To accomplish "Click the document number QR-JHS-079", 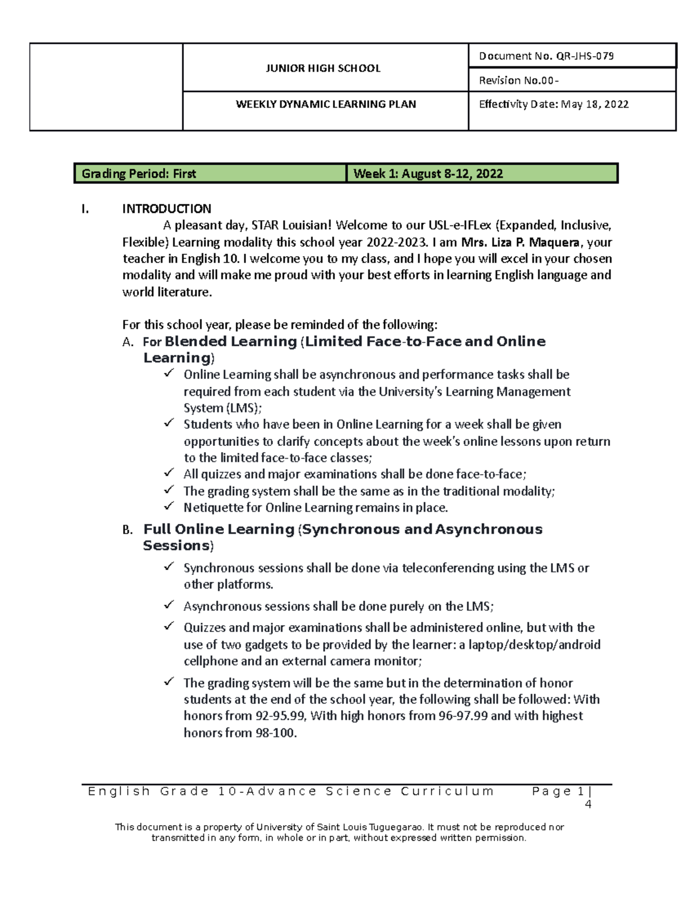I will (585, 56).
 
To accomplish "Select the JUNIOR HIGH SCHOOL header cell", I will (323, 68).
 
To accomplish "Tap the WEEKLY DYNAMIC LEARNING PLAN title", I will (326, 104).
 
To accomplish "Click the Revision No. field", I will (518, 80).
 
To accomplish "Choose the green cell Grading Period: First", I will (139, 173).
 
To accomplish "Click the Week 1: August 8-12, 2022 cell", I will (428, 173).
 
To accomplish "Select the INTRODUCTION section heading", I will (167, 209).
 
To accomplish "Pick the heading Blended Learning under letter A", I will (231, 342).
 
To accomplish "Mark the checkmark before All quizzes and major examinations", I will (169, 473).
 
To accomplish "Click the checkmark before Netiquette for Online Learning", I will (169, 506).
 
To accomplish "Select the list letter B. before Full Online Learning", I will (128, 530).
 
